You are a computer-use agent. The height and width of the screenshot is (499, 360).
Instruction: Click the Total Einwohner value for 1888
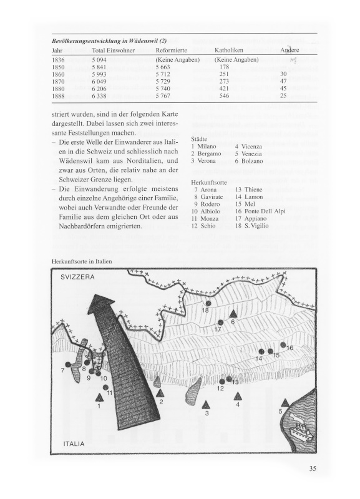point(99,96)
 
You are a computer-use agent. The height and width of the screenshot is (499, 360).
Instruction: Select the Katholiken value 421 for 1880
point(224,89)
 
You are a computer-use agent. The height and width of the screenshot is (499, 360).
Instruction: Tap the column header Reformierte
point(171,51)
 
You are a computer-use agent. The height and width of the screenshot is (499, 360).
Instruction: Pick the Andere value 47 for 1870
point(283,81)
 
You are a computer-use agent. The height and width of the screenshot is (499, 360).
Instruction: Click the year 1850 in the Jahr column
point(58,67)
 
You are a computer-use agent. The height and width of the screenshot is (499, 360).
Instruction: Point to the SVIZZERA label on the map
point(77,277)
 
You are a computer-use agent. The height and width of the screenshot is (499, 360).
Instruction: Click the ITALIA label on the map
point(74,443)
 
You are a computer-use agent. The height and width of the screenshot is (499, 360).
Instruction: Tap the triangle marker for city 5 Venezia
point(286,403)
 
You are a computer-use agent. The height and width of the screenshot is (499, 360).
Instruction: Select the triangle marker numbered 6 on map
point(233,314)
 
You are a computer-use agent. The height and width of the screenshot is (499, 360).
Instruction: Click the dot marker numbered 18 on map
point(208,303)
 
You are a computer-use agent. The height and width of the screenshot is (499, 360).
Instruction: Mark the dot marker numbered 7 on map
point(67,364)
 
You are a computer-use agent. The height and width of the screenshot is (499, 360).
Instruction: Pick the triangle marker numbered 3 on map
point(207,405)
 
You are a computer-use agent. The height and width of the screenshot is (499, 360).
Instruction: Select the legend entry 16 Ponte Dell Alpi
point(260,211)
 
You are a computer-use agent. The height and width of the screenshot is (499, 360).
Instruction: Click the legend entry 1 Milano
point(204,147)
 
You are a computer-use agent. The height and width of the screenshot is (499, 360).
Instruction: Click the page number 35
point(312,468)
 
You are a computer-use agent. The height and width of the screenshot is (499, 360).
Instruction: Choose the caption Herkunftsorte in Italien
point(82,261)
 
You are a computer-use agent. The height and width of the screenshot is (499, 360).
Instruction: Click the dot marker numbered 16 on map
point(283,344)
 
